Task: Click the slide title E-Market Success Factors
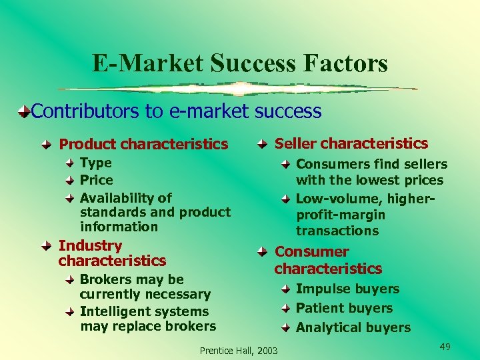pyautogui.click(x=239, y=63)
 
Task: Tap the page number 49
pyautogui.click(x=445, y=347)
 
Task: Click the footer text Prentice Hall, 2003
pyautogui.click(x=239, y=351)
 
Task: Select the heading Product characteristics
pyautogui.click(x=143, y=144)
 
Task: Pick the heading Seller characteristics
pyautogui.click(x=351, y=143)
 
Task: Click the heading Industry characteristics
pyautogui.click(x=112, y=253)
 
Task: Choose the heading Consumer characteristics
pyautogui.click(x=328, y=260)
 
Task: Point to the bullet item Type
pyautogui.click(x=95, y=163)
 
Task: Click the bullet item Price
pyautogui.click(x=96, y=180)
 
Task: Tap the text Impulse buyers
pyautogui.click(x=347, y=289)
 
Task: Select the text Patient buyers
pyautogui.click(x=344, y=308)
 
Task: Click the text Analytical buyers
pyautogui.click(x=353, y=327)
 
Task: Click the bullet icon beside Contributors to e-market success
pyautogui.click(x=23, y=111)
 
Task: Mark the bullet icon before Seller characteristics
pyautogui.click(x=263, y=143)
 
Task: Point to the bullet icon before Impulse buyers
pyautogui.click(x=285, y=289)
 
